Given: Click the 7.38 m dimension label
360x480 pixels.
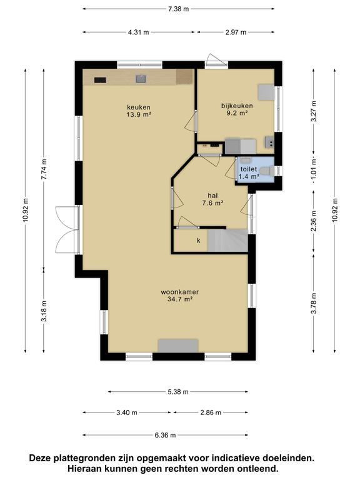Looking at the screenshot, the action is click(179, 9).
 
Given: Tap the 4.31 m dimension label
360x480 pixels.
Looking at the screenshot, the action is click(138, 32).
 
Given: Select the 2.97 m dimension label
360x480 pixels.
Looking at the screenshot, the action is click(236, 32).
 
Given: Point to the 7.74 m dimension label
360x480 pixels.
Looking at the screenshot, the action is click(44, 169).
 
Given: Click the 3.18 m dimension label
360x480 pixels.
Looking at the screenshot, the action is click(44, 311).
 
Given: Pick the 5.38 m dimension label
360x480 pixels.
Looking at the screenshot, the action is click(178, 392).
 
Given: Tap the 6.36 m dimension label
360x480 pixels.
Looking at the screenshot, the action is click(165, 435).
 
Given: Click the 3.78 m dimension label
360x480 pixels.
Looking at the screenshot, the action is click(314, 303).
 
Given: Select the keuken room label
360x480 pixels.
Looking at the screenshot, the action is click(139, 107).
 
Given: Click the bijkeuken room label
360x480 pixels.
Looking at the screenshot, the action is click(237, 106).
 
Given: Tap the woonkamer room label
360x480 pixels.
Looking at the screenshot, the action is click(180, 292).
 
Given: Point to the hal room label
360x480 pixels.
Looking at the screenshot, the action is click(212, 196).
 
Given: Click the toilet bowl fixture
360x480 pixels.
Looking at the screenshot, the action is click(267, 171).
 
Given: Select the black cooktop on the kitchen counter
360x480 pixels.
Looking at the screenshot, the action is click(100, 80).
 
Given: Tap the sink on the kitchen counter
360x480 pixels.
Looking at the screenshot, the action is click(141, 79).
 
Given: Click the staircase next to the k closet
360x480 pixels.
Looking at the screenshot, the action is click(227, 241).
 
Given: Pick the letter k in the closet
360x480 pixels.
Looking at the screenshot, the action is click(199, 241).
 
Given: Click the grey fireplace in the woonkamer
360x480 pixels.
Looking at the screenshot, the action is click(178, 346).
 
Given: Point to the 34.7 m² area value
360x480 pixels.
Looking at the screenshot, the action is click(180, 300).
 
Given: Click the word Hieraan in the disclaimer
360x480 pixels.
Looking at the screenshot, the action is click(85, 469).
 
